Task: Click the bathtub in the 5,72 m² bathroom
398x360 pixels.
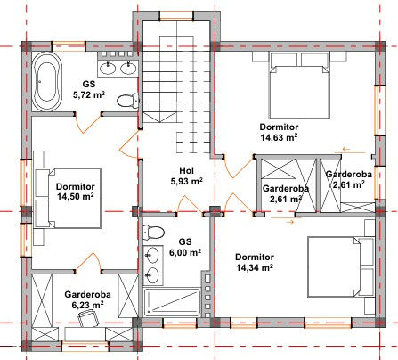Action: pyautogui.click(x=47, y=82)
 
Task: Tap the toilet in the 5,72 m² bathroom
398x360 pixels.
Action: pyautogui.click(x=128, y=101)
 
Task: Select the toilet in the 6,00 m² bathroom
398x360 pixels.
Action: pyautogui.click(x=153, y=232)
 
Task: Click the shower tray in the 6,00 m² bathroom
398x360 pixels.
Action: pyautogui.click(x=172, y=302)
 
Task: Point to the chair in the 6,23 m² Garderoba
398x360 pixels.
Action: pyautogui.click(x=88, y=318)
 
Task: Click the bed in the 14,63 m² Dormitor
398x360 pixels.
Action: pyautogui.click(x=299, y=86)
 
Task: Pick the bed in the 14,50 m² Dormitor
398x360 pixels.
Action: pyautogui.click(x=68, y=198)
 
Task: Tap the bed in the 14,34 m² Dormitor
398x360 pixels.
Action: pyautogui.click(x=341, y=266)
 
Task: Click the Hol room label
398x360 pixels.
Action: pyautogui.click(x=186, y=170)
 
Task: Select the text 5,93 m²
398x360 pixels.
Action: pyautogui.click(x=186, y=181)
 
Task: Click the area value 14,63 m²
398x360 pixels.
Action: pyautogui.click(x=279, y=137)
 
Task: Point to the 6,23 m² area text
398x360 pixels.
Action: pyautogui.click(x=87, y=305)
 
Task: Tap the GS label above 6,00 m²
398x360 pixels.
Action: pyautogui.click(x=185, y=241)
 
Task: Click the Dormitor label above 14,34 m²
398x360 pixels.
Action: pyautogui.click(x=255, y=257)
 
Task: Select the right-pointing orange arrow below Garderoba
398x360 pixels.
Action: pyautogui.click(x=282, y=221)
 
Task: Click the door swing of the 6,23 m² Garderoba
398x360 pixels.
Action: pyautogui.click(x=89, y=260)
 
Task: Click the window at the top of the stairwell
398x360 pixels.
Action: pyautogui.click(x=176, y=15)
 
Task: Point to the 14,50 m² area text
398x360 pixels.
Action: pyautogui.click(x=75, y=197)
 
